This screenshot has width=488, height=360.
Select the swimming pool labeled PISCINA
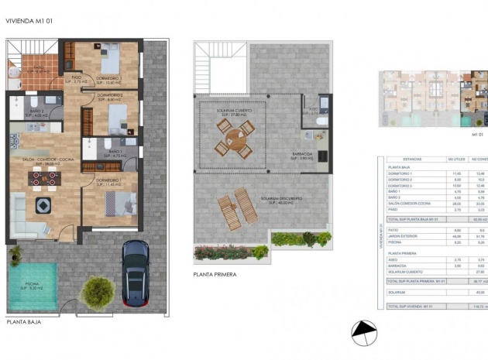(x=32, y=283)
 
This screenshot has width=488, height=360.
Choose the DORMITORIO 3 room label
(x=106, y=78)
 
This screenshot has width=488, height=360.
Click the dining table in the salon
(x=44, y=179)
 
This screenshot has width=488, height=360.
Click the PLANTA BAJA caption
(x=25, y=321)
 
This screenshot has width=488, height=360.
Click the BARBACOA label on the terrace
(x=302, y=153)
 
